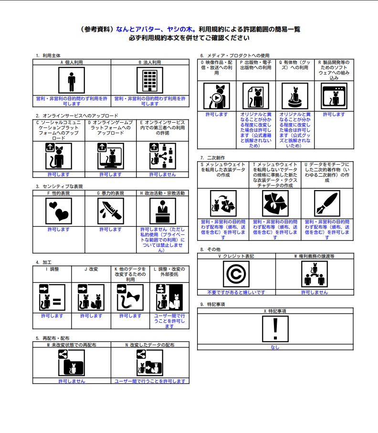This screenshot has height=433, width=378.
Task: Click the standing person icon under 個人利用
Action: (x=72, y=80)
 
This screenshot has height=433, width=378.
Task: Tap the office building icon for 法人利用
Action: (x=150, y=80)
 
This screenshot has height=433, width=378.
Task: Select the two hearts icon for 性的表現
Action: (x=59, y=211)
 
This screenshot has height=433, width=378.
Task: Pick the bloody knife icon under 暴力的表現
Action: (x=110, y=211)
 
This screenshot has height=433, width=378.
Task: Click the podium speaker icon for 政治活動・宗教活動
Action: (x=163, y=211)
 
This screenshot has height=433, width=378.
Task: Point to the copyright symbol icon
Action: (x=236, y=274)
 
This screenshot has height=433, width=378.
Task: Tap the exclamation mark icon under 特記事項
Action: (x=275, y=329)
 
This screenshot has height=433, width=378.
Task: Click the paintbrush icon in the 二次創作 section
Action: (x=327, y=203)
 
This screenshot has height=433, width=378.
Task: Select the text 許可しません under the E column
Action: (x=163, y=175)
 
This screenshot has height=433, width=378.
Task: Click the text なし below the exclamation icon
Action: (x=275, y=347)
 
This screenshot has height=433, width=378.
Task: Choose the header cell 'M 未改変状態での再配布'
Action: (x=72, y=345)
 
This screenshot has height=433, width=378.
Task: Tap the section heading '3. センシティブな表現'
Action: (x=59, y=186)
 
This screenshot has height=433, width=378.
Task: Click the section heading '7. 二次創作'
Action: (x=212, y=158)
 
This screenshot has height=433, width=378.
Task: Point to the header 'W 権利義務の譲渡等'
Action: (x=315, y=256)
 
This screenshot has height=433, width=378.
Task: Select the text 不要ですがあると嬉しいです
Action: (x=236, y=292)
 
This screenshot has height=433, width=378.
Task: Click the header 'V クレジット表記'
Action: (x=236, y=256)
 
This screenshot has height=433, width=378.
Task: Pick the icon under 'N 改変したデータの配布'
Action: (x=150, y=362)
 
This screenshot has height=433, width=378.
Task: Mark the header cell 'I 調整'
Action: (x=52, y=269)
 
